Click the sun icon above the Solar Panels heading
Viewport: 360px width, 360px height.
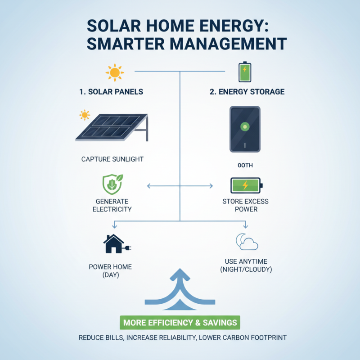114,72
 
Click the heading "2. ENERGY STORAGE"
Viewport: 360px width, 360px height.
247,92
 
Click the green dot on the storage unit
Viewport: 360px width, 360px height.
245,126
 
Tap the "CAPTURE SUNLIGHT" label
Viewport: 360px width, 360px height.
112,159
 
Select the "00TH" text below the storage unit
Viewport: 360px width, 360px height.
245,165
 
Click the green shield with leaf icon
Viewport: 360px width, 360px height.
112,185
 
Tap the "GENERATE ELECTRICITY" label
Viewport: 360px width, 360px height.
112,205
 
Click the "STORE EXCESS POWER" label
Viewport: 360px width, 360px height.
246,205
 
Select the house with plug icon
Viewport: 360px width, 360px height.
117,244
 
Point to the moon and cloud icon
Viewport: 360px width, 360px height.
247,242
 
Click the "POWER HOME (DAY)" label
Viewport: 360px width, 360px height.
111,270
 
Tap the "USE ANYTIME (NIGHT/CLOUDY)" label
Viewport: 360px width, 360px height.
246,265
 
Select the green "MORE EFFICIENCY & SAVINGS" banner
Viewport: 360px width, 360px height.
180,323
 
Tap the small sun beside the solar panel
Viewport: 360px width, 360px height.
84,115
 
